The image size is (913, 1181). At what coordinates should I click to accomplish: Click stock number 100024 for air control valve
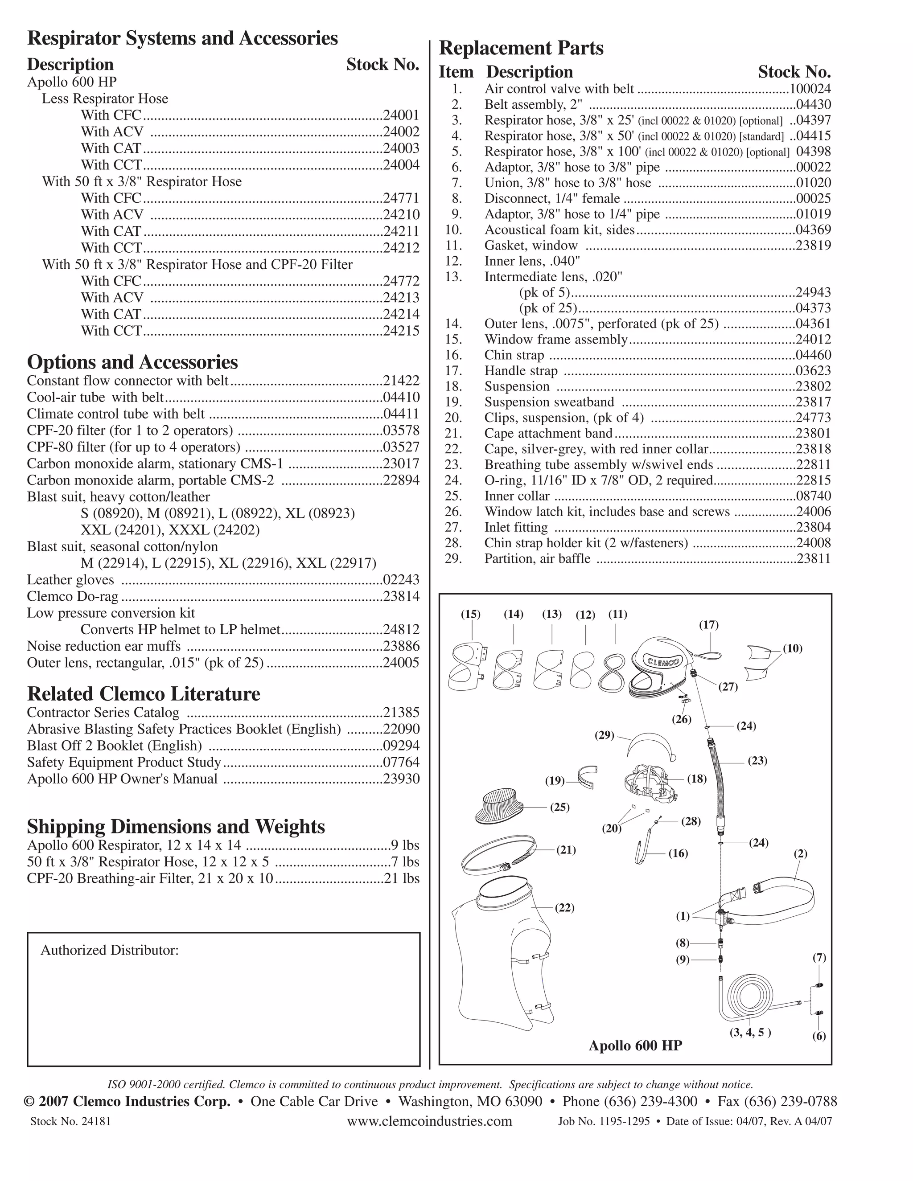pos(810,89)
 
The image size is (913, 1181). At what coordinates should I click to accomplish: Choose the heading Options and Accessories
pos(132,362)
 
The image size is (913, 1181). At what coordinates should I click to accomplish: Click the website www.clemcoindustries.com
pos(429,1121)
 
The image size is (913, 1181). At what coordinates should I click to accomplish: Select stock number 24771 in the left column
pos(401,198)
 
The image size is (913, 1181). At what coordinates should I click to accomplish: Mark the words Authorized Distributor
pos(110,950)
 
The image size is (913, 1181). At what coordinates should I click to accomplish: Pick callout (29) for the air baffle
pos(604,735)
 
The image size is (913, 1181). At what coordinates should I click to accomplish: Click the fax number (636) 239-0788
pos(789,1102)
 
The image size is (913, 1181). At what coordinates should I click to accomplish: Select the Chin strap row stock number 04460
pos(813,355)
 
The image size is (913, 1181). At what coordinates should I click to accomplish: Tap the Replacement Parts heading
pos(521,48)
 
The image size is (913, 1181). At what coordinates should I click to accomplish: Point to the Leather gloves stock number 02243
pos(401,580)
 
